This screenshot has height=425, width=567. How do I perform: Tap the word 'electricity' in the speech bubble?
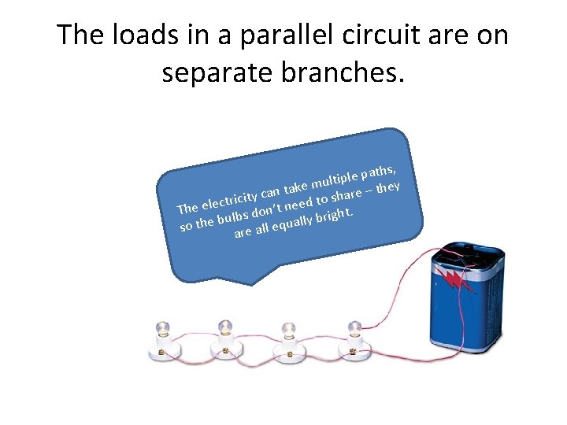pyautogui.click(x=231, y=199)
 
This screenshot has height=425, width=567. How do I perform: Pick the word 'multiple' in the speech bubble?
pyautogui.click(x=335, y=179)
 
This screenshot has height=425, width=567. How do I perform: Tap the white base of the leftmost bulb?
pyautogui.click(x=166, y=352)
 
